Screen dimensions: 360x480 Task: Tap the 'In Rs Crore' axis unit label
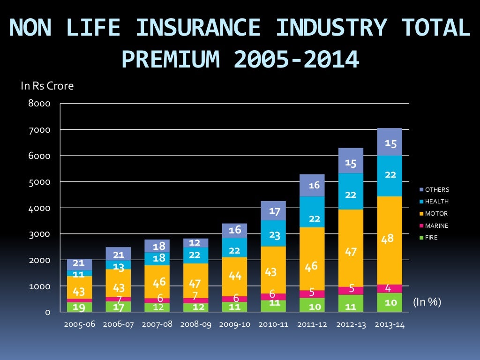click(x=47, y=86)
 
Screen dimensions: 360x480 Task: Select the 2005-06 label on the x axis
click(x=79, y=324)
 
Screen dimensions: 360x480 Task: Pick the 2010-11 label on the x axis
click(x=274, y=324)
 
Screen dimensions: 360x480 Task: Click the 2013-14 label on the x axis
click(x=390, y=324)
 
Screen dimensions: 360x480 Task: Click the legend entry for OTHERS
click(x=434, y=190)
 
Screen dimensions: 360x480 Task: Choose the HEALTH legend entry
click(x=434, y=202)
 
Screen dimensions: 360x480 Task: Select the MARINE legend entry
click(x=434, y=226)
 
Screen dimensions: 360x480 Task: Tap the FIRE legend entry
click(x=429, y=238)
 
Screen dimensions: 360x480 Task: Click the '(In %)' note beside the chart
click(x=427, y=302)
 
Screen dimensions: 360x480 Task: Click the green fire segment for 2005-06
click(x=79, y=307)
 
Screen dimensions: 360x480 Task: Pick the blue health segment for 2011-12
click(x=312, y=211)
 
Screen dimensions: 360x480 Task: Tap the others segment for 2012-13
click(x=351, y=160)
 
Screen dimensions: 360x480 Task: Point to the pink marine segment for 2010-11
click(x=274, y=296)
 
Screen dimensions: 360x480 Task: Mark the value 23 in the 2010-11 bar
click(x=274, y=236)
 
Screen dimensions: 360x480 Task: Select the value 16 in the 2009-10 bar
click(x=235, y=230)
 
